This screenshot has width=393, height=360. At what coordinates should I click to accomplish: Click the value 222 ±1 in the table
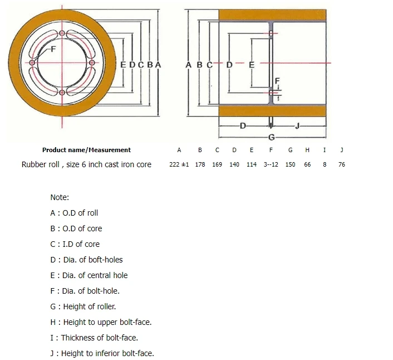pyautogui.click(x=179, y=165)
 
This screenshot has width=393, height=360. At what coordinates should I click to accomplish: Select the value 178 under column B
pyautogui.click(x=200, y=165)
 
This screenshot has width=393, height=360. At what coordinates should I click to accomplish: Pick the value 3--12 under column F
pyautogui.click(x=271, y=165)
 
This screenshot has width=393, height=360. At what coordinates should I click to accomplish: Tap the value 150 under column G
pyautogui.click(x=290, y=165)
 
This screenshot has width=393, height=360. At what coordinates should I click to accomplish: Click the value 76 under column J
pyautogui.click(x=341, y=165)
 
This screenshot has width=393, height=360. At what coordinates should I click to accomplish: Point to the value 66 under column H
pyautogui.click(x=307, y=165)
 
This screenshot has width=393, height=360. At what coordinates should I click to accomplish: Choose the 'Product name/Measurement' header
pyautogui.click(x=86, y=150)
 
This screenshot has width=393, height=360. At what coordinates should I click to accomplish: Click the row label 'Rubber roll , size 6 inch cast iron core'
pyautogui.click(x=86, y=164)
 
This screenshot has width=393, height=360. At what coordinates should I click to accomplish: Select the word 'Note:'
pyautogui.click(x=60, y=197)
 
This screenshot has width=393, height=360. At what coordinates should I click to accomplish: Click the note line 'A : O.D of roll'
pyautogui.click(x=74, y=213)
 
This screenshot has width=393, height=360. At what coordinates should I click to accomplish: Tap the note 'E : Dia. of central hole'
pyautogui.click(x=89, y=275)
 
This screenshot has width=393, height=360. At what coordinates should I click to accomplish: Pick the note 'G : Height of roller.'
pyautogui.click(x=83, y=307)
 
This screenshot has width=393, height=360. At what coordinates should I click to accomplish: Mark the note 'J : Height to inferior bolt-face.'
pyautogui.click(x=102, y=353)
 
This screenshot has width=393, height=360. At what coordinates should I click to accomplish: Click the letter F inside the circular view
pyautogui.click(x=53, y=50)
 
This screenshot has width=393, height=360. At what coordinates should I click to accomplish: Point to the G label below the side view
pyautogui.click(x=272, y=137)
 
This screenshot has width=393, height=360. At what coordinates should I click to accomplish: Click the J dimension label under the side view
pyautogui.click(x=297, y=126)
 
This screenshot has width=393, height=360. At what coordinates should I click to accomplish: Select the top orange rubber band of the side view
pyautogui.click(x=272, y=16)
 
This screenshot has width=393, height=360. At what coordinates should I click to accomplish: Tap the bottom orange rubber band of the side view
pyautogui.click(x=272, y=111)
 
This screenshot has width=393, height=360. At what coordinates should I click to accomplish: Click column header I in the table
pyautogui.click(x=325, y=150)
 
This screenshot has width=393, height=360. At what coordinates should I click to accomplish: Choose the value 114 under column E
pyautogui.click(x=252, y=165)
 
